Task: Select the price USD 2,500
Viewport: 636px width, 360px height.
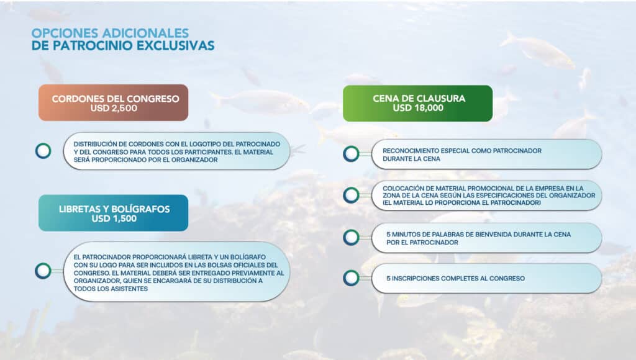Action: [x=113, y=109]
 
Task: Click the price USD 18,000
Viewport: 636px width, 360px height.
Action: [x=417, y=108]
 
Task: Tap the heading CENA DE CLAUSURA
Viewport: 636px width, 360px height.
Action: [x=419, y=98]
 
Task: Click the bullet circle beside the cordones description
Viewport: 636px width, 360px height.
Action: [x=43, y=151]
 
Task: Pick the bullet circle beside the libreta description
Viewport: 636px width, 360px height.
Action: [x=43, y=271]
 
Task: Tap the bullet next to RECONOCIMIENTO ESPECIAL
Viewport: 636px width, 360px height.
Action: [x=351, y=154]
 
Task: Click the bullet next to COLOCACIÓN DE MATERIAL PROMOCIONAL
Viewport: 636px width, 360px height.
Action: [x=351, y=196]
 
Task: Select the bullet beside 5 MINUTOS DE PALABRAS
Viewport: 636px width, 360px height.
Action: [x=351, y=237]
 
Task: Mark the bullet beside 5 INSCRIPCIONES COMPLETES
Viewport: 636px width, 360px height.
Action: [x=351, y=277]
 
